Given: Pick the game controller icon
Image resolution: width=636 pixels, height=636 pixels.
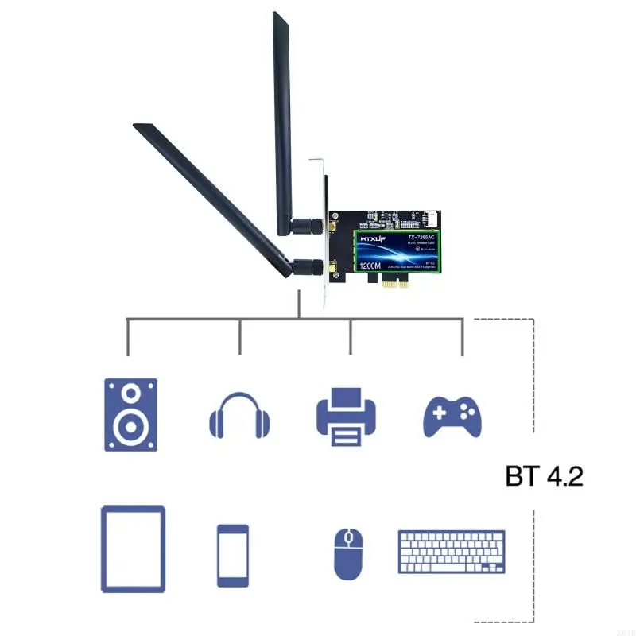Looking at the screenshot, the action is tap(452, 414).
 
